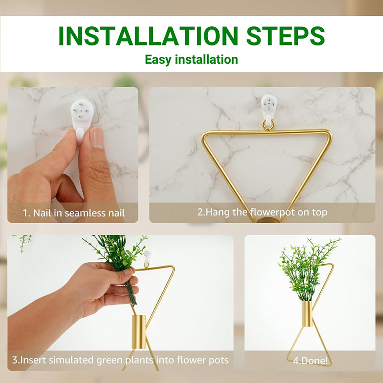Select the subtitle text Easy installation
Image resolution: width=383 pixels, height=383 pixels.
(191, 59)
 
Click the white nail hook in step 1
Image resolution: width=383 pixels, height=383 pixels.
(82, 120)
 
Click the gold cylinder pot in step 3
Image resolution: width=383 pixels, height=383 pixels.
(138, 332)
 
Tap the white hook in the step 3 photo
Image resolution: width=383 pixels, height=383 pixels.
(147, 258)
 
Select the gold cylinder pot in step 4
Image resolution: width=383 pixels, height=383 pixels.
(307, 314)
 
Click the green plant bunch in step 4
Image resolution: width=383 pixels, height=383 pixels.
(305, 269)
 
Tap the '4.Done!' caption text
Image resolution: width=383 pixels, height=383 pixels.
(310, 360)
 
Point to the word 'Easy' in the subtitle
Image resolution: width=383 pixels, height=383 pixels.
(158, 59)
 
